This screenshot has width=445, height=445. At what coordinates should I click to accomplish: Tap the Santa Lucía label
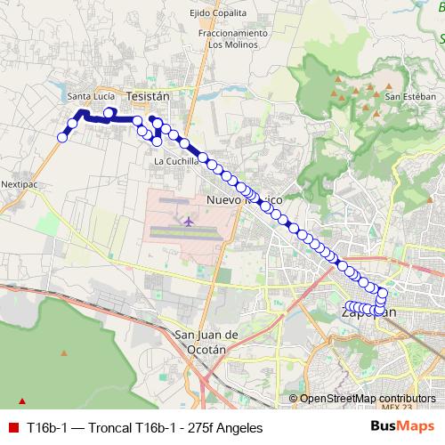tap(90, 97)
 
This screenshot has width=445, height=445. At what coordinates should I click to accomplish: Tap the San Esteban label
tap(410, 96)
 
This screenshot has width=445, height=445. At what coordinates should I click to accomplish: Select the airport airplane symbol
tap(190, 220)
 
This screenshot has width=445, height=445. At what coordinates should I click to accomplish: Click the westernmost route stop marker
tap(63, 136)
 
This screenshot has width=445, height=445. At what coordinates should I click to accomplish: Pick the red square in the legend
tap(12, 428)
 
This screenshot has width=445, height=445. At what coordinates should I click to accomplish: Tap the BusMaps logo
tap(402, 428)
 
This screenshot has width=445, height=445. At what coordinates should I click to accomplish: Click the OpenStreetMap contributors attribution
tap(368, 399)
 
